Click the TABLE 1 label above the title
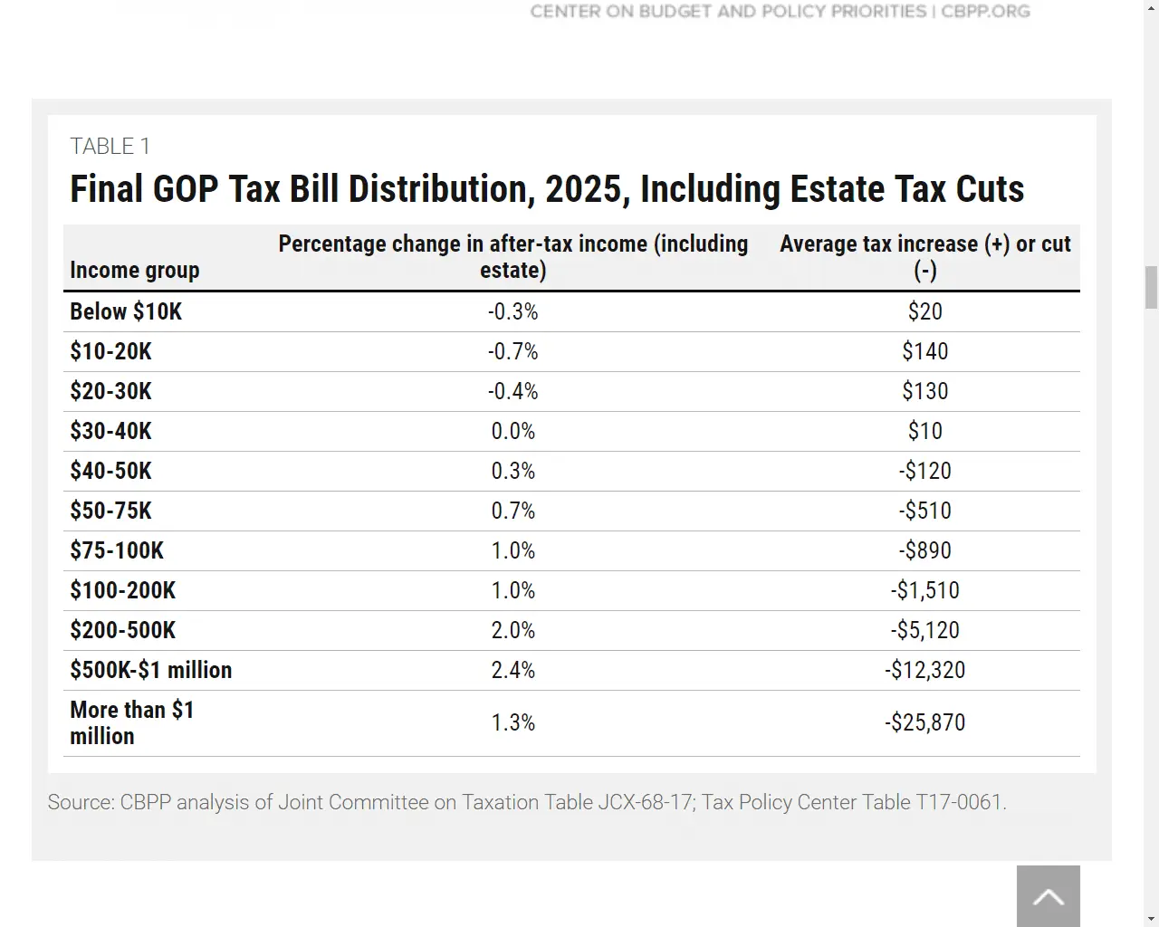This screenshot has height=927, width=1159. tap(110, 147)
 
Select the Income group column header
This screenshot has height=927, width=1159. tap(134, 270)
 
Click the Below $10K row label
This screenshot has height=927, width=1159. tap(126, 311)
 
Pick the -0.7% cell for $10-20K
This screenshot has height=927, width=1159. tap(512, 351)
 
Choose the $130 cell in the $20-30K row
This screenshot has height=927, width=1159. tap(924, 391)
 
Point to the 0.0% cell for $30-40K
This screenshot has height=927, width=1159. tap(512, 431)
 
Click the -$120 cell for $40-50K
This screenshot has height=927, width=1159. tap(924, 471)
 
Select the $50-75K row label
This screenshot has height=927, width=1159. tap(110, 511)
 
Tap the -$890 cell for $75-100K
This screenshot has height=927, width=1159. tap(924, 550)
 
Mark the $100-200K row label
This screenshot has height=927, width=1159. tap(123, 590)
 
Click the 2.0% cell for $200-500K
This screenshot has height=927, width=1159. tap(512, 630)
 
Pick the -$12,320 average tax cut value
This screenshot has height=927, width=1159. tap(924, 670)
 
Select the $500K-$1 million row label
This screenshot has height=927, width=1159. tap(151, 670)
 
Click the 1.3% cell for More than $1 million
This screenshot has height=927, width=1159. tap(512, 722)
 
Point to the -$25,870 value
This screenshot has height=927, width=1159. tap(924, 722)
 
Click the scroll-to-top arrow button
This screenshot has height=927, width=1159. tap(1048, 896)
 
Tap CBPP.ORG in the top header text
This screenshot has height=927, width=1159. tap(985, 12)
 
